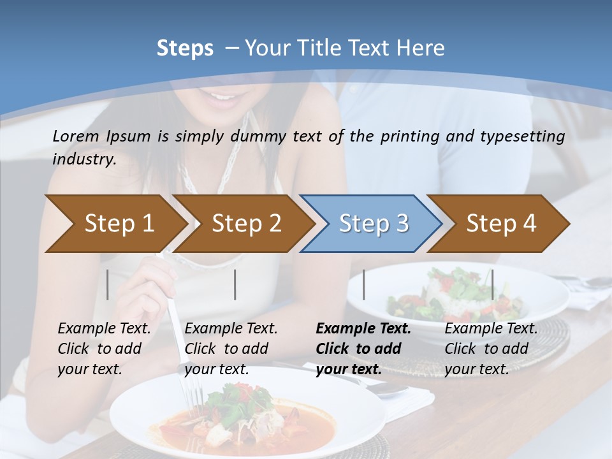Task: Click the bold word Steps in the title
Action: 185,48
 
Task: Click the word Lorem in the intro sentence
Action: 75,136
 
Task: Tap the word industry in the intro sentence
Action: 84,159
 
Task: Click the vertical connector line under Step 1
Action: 108,284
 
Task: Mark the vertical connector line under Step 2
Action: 235,284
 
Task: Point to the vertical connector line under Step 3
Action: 363,284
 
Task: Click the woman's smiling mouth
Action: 222,99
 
